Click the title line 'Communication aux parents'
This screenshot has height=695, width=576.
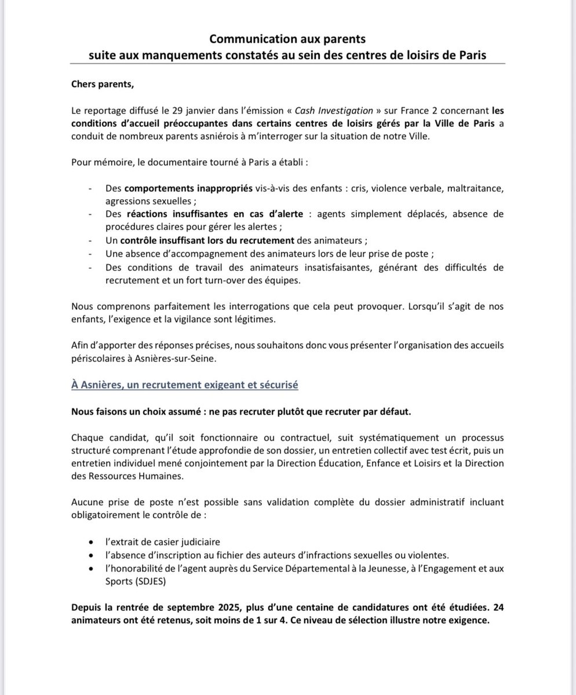coord(287,39)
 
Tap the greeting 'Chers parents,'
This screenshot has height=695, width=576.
coord(103,85)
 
